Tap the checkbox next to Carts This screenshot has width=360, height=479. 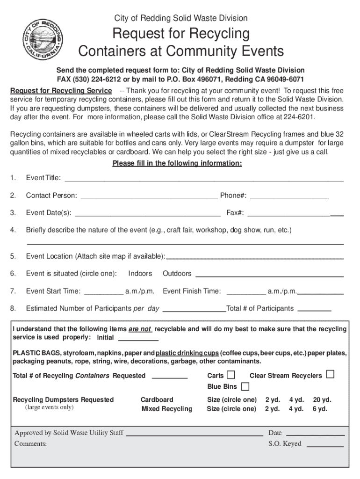tap(230, 375)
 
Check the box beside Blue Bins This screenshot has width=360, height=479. tap(245, 386)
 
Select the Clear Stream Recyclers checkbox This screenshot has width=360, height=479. tap(330, 375)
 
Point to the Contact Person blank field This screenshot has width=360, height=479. tap(149, 196)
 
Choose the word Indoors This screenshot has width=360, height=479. tap(140, 273)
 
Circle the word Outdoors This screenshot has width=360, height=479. tap(177, 273)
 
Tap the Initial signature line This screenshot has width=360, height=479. tap(138, 339)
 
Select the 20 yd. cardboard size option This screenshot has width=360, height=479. tap(322, 399)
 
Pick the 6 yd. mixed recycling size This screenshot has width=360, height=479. tap(320, 409)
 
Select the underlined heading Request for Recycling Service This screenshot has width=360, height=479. tap(61, 90)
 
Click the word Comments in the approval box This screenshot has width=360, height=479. tap(30, 443)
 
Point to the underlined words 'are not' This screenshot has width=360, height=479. tap(140, 329)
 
